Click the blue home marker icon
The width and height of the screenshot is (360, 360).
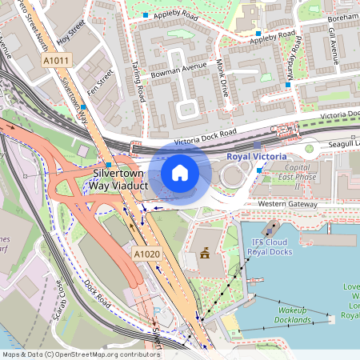(180, 173)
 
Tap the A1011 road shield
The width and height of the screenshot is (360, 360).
(56, 60)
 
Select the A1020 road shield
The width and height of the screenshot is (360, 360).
(145, 253)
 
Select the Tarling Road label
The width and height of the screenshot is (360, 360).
(138, 82)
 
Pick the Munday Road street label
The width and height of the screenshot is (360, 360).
(293, 57)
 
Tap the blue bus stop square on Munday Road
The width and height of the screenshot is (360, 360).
(287, 84)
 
